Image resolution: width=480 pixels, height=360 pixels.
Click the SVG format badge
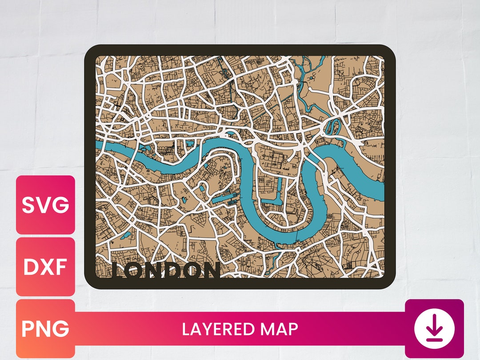tap(45, 205)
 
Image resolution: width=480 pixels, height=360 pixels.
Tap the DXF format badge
tap(45, 267)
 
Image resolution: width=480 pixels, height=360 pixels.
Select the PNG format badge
tap(45, 329)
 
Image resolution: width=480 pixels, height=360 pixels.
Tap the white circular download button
tap(434, 329)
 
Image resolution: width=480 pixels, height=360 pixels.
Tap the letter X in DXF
tap(46, 267)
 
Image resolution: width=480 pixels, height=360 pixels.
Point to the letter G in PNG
tap(61, 329)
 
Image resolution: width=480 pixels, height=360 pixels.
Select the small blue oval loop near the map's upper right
tap(332, 127)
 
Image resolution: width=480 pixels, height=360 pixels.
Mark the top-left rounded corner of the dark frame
tap(91, 51)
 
